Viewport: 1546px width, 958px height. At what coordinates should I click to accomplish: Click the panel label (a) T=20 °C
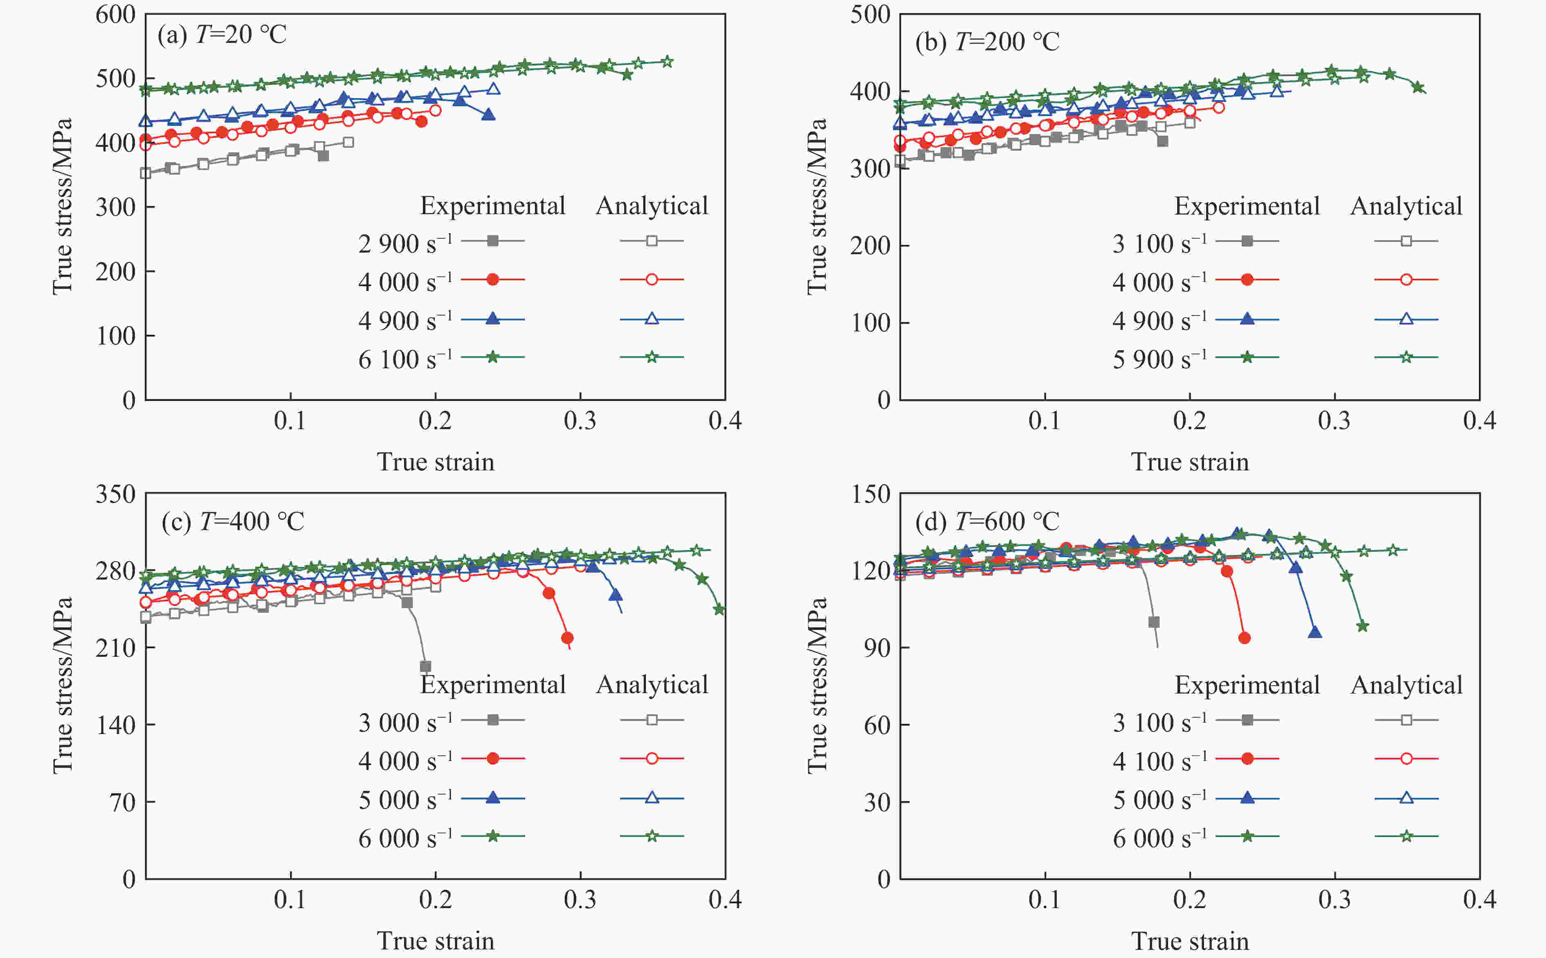222,34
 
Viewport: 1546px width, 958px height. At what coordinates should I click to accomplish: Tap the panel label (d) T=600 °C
987,522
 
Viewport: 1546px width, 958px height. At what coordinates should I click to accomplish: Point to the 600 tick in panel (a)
115,15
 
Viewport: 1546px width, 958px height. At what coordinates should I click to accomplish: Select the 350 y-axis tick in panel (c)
115,494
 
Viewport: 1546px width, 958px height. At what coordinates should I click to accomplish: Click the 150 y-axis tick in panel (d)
871,494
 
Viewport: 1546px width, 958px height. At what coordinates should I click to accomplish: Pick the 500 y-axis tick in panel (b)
870,15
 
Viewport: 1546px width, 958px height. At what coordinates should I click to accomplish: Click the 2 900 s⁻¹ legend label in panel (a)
405,243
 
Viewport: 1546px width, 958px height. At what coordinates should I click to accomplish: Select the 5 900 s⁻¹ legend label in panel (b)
1159,359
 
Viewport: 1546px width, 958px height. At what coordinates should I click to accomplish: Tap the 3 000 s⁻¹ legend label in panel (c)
405,722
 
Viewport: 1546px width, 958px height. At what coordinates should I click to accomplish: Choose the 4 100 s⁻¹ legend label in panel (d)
1159,761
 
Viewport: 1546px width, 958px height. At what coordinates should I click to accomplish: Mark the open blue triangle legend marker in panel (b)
1406,319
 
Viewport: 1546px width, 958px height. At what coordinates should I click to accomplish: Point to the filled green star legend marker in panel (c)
492,836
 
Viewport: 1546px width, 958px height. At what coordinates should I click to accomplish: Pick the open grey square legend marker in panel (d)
1406,720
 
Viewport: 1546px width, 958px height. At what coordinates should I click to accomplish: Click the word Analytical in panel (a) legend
652,206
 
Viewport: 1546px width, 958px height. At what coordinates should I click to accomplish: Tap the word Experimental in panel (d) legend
1247,685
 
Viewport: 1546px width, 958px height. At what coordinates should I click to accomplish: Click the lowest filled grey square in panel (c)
425,667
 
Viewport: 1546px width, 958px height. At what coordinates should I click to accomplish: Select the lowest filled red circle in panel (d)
1244,638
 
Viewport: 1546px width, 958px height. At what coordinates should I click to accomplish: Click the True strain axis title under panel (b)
1190,462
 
